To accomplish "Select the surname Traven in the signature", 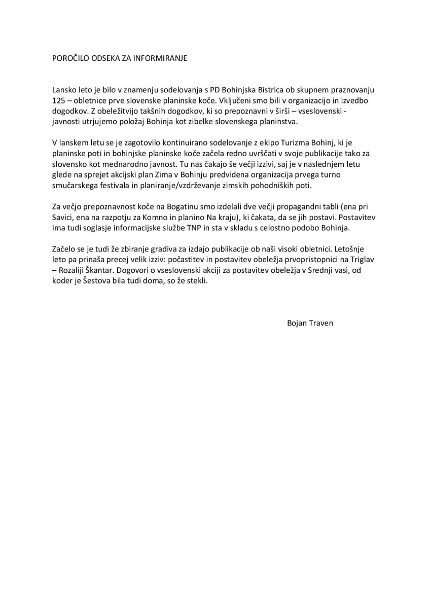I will [321, 322].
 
